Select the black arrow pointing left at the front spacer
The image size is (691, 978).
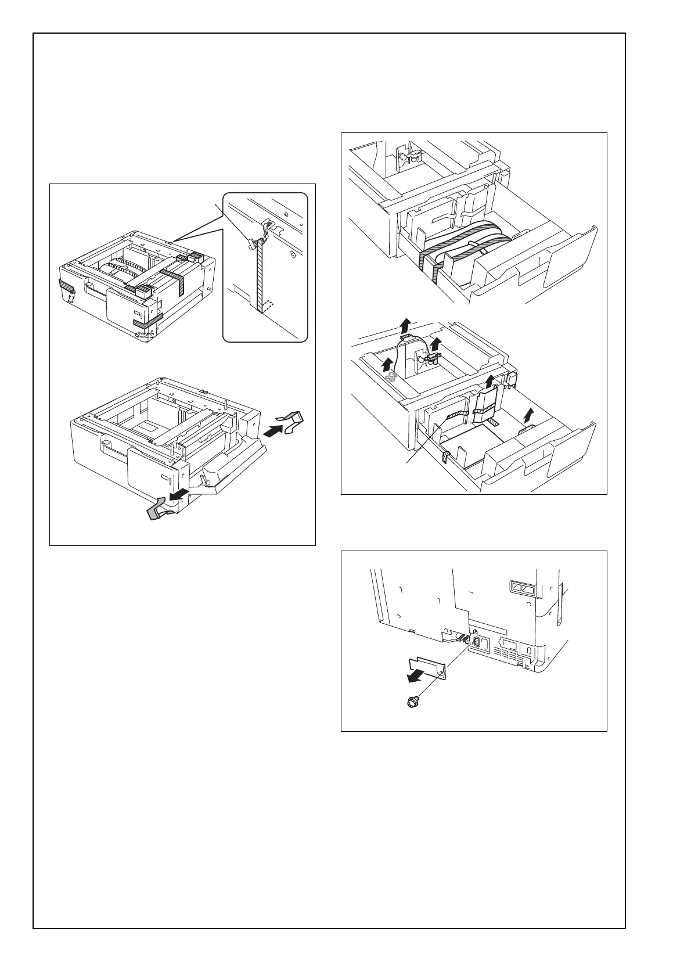pos(178,494)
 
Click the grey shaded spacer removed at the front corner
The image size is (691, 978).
pos(159,510)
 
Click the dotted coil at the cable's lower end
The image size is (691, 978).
pos(391,377)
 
